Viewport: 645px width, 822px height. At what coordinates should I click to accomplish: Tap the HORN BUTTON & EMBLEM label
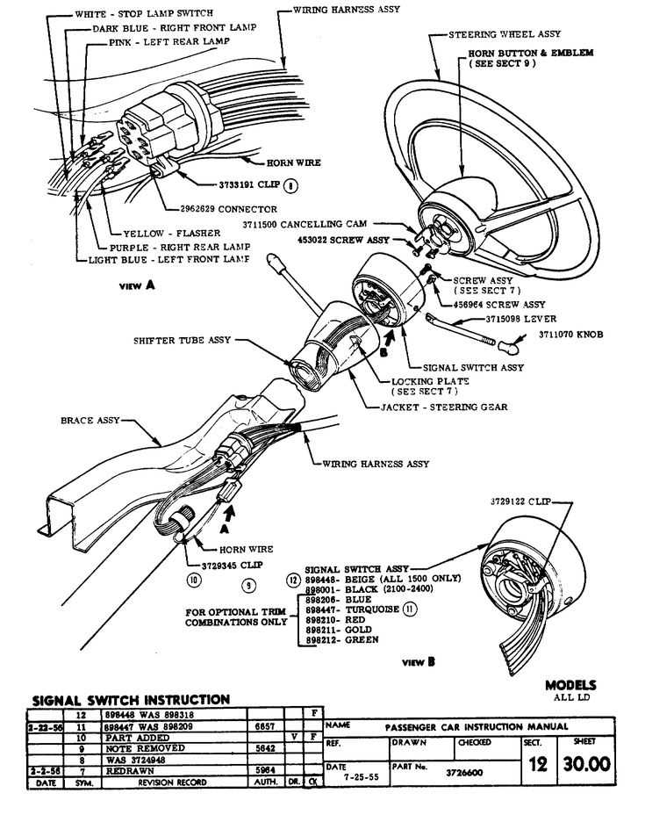(525, 58)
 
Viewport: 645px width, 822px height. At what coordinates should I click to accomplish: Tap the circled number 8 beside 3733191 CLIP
(290, 185)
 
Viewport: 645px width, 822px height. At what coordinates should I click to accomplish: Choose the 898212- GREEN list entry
(341, 640)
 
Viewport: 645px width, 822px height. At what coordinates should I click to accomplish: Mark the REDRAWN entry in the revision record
(125, 771)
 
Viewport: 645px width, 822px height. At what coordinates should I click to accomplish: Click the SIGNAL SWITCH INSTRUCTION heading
(131, 700)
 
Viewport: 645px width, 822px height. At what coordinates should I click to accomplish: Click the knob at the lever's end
(504, 348)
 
